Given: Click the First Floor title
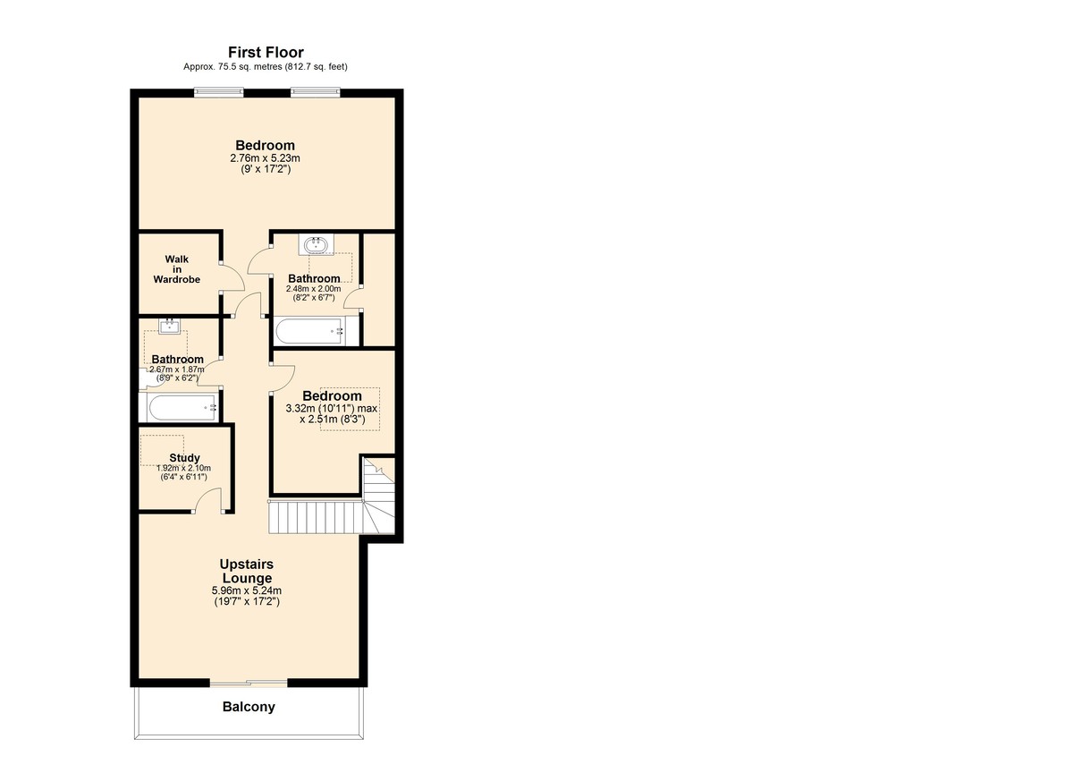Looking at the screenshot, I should tap(266, 53).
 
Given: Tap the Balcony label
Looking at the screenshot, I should tap(249, 707).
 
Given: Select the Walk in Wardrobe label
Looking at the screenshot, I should tap(176, 269).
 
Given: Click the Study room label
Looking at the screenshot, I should tap(184, 458).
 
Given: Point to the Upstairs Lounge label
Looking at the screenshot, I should tap(247, 571).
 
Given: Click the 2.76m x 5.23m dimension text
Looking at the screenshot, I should tap(265, 157).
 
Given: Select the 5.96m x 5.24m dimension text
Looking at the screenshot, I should tap(247, 590).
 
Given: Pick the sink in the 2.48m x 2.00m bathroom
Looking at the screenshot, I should tap(316, 243).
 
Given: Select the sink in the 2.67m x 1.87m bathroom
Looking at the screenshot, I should tap(167, 327).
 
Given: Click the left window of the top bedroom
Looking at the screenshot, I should tap(220, 89).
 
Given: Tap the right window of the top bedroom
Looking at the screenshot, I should tap(315, 89).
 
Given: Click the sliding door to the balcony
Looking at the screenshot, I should tap(249, 683).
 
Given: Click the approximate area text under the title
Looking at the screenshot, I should tap(266, 67).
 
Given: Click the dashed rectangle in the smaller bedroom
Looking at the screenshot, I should tap(350, 409).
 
